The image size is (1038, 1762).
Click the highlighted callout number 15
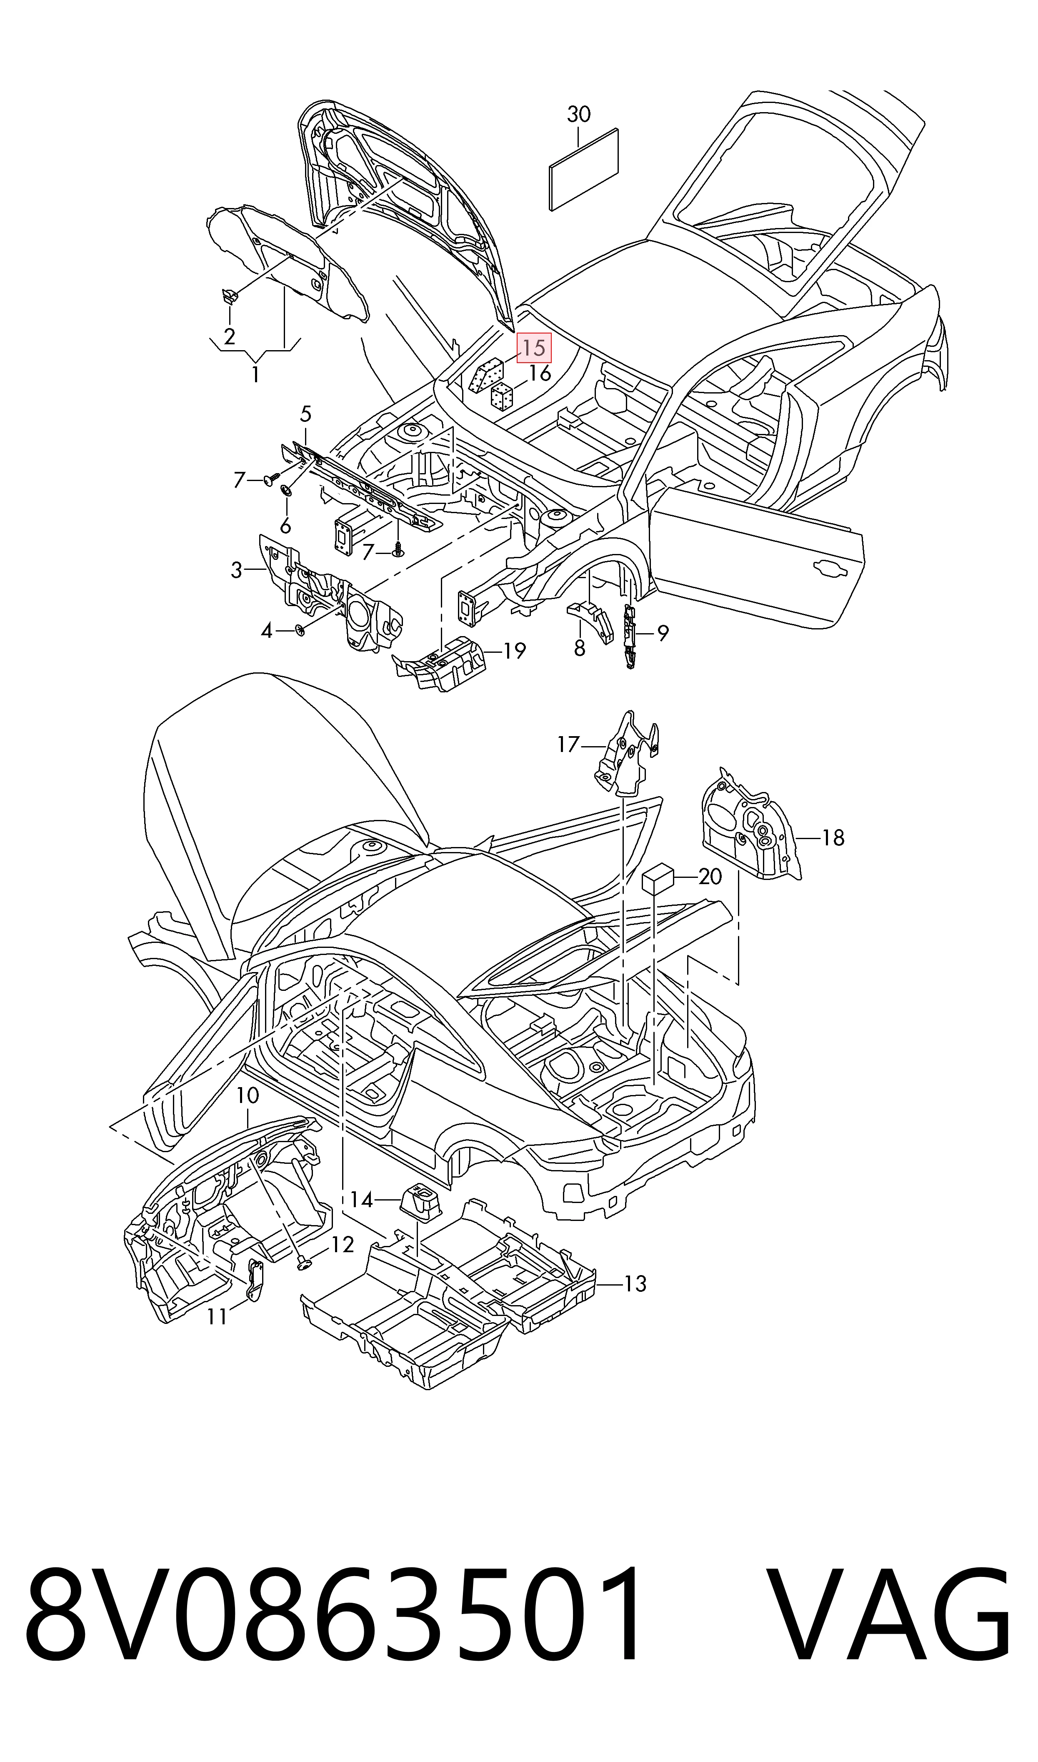point(534,348)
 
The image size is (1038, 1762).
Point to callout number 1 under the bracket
point(255,375)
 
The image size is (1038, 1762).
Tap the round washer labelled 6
point(285,490)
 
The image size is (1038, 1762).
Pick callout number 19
point(514,651)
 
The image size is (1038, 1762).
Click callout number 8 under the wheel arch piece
point(579,649)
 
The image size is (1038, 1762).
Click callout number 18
point(833,837)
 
